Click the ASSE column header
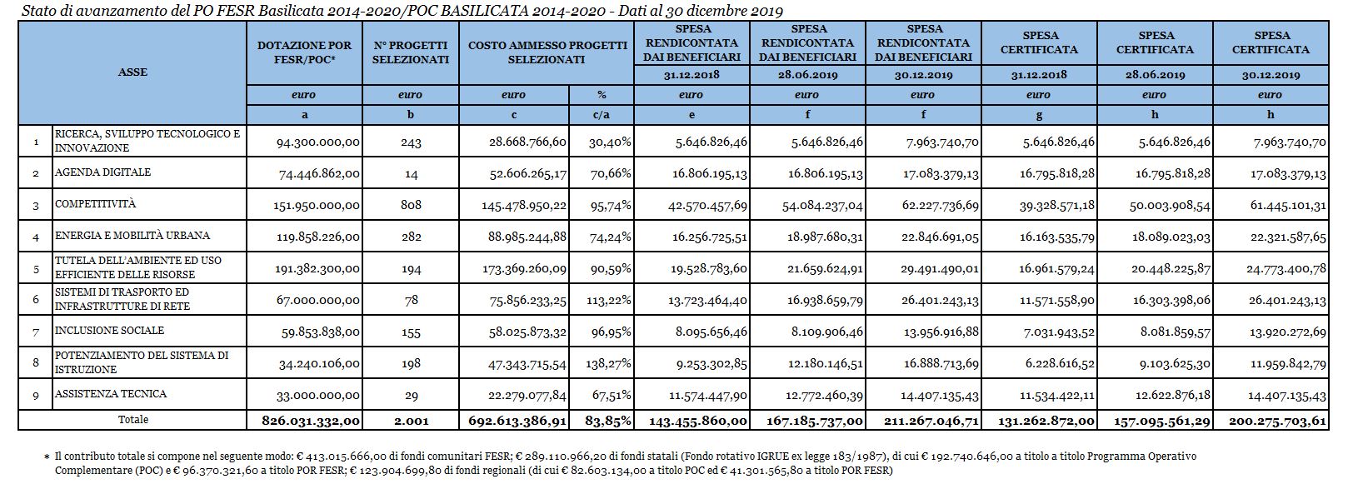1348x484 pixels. click(132, 72)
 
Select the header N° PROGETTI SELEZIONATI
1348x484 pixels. click(410, 52)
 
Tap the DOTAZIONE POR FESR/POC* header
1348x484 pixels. click(304, 52)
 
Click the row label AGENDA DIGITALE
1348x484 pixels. click(102, 172)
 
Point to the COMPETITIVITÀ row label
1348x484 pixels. click(95, 204)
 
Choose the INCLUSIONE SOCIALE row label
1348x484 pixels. click(109, 331)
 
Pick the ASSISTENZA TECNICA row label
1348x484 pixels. click(111, 393)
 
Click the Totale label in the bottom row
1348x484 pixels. click(132, 420)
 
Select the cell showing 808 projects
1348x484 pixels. click(410, 205)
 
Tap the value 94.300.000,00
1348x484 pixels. click(318, 142)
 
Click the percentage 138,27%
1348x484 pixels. click(610, 364)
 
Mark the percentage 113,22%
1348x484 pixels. click(610, 301)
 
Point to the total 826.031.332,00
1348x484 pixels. click(312, 422)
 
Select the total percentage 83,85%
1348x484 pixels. click(609, 422)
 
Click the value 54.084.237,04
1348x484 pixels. click(822, 206)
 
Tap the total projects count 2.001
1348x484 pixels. click(411, 422)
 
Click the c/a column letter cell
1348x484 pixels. click(602, 115)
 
